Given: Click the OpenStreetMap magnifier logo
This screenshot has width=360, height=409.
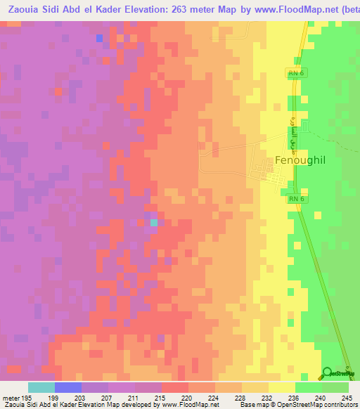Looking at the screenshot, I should pyautogui.click(x=328, y=372).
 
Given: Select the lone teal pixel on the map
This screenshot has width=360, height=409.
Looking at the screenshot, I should pyautogui.click(x=154, y=222).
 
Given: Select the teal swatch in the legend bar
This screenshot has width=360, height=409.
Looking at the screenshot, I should pyautogui.click(x=41, y=387).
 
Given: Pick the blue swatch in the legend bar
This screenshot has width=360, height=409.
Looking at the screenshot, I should pyautogui.click(x=67, y=387).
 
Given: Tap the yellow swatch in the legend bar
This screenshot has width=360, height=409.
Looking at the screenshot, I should pyautogui.click(x=281, y=387).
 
